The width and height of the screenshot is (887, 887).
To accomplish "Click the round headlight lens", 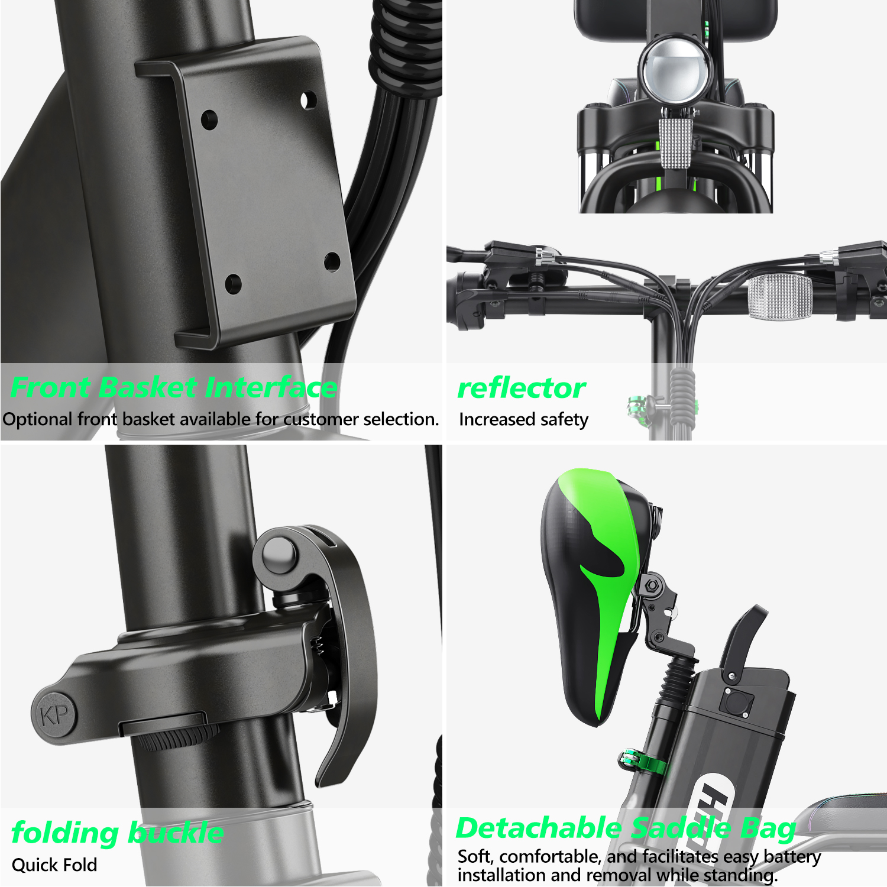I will pos(674,70).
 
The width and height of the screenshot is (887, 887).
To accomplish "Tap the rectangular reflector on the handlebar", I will pos(780,296).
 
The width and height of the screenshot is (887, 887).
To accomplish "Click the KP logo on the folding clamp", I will pos(55,716).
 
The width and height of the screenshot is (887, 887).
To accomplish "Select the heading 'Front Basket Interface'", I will pos(173,388).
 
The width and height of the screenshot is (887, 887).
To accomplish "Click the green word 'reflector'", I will pos(521,389).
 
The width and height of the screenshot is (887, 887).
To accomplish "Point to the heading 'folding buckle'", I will pos(117,833).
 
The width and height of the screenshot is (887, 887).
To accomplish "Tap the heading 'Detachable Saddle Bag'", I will pos(626,828).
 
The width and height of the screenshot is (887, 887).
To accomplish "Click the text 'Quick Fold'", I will pos(54,865).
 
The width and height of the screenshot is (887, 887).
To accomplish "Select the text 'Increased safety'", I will pos(523,419).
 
